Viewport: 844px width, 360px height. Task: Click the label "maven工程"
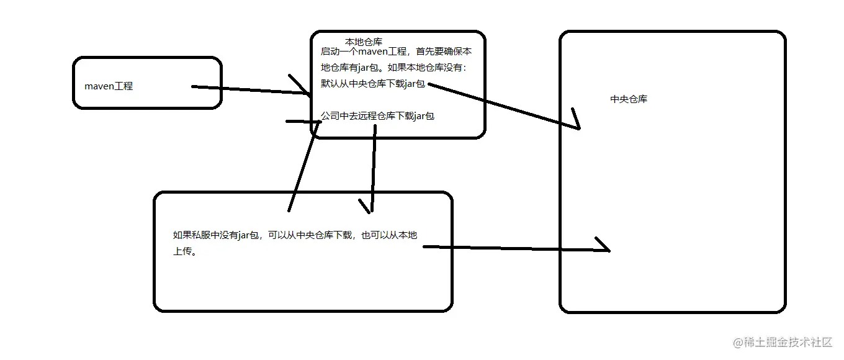click(x=109, y=86)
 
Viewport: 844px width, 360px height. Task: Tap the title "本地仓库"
click(x=364, y=42)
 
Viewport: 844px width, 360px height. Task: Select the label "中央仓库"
click(x=629, y=99)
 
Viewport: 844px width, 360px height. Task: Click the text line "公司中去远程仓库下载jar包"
click(x=377, y=116)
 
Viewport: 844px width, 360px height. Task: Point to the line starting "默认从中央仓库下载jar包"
click(x=373, y=84)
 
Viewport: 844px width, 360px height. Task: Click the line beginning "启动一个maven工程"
click(x=396, y=52)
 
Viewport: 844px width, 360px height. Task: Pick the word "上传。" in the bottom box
click(x=184, y=253)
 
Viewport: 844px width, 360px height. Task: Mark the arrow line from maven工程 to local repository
click(x=248, y=90)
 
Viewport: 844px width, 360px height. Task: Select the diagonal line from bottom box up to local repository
click(x=304, y=166)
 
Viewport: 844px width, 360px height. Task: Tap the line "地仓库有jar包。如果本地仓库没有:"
click(x=393, y=68)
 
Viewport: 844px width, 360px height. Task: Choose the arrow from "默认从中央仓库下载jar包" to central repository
click(x=503, y=106)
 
